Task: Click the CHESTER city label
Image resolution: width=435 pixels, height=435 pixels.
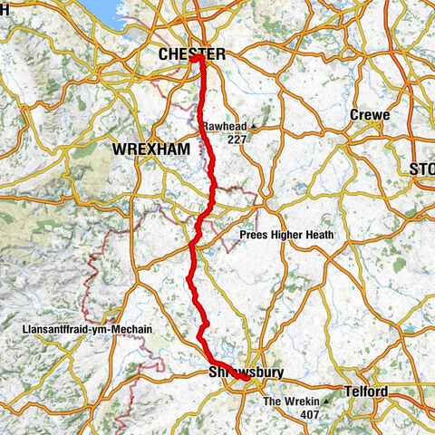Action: tap(191, 55)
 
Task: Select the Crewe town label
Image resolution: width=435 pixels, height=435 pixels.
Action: tap(370, 115)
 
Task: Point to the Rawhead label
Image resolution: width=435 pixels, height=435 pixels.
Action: tap(225, 127)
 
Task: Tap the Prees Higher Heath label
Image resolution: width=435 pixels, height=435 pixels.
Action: tap(286, 235)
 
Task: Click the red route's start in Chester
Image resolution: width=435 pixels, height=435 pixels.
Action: tap(197, 59)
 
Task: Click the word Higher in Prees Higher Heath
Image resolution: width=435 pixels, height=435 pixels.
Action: tap(286, 235)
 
